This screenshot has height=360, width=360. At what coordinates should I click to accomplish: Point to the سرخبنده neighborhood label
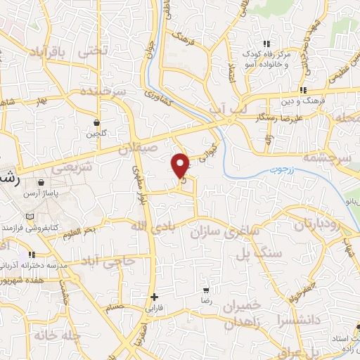(x=103, y=91)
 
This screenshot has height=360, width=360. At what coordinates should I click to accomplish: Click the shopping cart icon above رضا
(x=206, y=290)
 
